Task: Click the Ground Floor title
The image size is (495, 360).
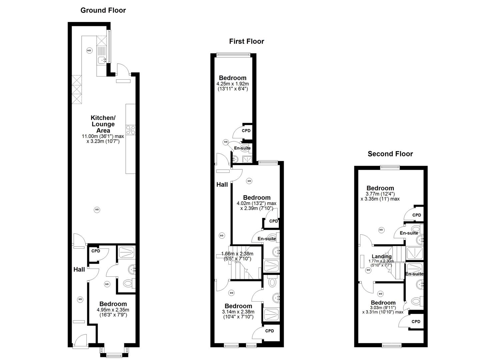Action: pos(103,10)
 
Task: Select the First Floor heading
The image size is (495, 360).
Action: pos(246,41)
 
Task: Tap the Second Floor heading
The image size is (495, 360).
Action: pos(390,154)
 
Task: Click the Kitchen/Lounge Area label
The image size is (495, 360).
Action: pos(103,124)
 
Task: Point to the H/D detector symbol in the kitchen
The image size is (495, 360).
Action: pos(89,51)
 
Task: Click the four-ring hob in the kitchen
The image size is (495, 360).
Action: pos(130,130)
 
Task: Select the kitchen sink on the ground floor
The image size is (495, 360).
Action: pos(101,60)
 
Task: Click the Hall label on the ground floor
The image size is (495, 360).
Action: pos(79,269)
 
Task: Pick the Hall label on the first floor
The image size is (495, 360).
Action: pos(222,184)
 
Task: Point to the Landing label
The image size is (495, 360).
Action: pos(382,256)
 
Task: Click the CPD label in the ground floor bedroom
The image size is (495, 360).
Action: pos(96,251)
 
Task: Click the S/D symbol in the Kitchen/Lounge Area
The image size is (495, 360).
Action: pos(97,210)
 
